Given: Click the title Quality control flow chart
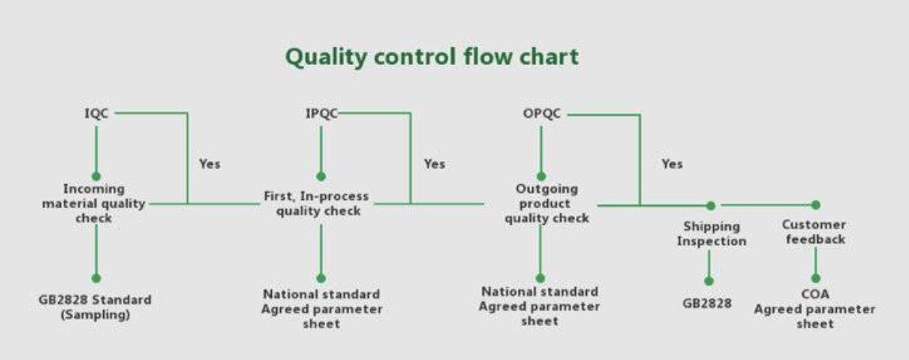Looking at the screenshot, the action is [x=431, y=57].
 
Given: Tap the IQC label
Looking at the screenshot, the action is [x=96, y=113].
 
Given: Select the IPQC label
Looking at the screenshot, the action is [x=322, y=113].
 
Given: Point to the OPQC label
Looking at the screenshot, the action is [x=542, y=113].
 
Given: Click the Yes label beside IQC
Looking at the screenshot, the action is [x=210, y=164].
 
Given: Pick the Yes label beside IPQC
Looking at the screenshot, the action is [x=434, y=164].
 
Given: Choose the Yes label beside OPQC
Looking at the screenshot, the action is [x=672, y=164].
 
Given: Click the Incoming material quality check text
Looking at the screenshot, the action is [x=94, y=204].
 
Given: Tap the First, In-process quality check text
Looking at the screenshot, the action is [x=316, y=204].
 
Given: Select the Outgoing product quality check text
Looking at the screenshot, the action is [x=547, y=204].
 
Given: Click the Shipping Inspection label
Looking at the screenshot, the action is [x=712, y=234].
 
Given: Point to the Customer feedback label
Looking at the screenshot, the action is [x=815, y=232].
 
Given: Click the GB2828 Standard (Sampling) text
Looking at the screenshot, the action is [x=95, y=308].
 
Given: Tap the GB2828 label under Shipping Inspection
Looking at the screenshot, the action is [x=708, y=304].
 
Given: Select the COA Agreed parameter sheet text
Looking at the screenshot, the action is [x=815, y=309].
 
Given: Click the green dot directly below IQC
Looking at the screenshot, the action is [x=96, y=176].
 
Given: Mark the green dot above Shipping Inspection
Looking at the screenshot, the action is [x=711, y=206].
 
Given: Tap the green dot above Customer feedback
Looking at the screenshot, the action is [x=815, y=205].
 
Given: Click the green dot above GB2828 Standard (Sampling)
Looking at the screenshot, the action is [x=96, y=278].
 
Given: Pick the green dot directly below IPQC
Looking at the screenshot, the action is [x=321, y=176].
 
